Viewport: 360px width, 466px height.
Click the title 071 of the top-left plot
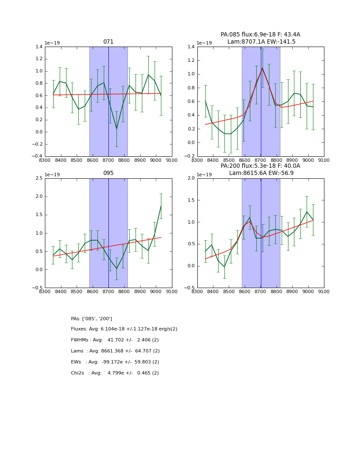(108, 42)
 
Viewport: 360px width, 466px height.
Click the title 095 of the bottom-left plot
(108, 173)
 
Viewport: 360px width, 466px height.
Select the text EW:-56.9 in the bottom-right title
(279, 173)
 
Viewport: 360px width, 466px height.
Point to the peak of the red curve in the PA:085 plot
(262, 68)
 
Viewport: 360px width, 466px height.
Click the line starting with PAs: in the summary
(91, 319)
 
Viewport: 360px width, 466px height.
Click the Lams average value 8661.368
(114, 351)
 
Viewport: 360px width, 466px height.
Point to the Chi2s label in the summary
(79, 373)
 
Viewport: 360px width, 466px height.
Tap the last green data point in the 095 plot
(161, 206)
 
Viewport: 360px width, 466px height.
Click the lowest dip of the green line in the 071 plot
(116, 129)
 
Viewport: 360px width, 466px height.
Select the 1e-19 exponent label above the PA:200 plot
(205, 175)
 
